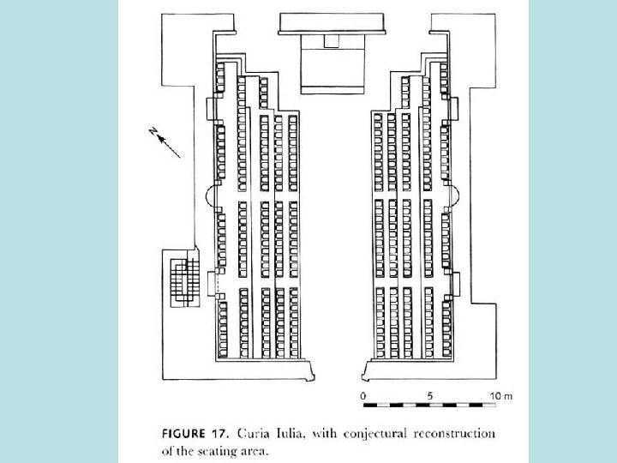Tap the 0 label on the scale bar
point(363,395)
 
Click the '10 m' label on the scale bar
point(500,395)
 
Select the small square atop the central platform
point(330,41)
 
